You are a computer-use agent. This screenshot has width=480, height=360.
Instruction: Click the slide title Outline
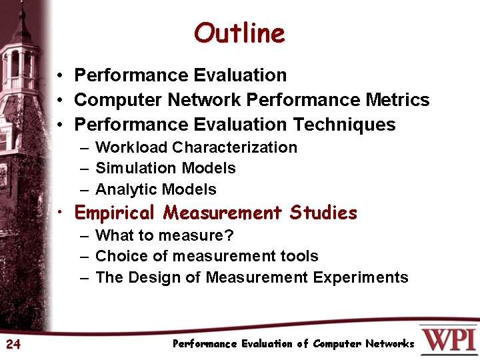[239, 33]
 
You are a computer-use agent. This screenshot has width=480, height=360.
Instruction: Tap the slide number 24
[13, 344]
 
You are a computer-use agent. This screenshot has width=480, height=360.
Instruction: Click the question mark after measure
[229, 236]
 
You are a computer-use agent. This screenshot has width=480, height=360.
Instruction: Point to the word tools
[301, 257]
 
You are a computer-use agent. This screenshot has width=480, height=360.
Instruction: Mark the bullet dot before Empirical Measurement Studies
[60, 213]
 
